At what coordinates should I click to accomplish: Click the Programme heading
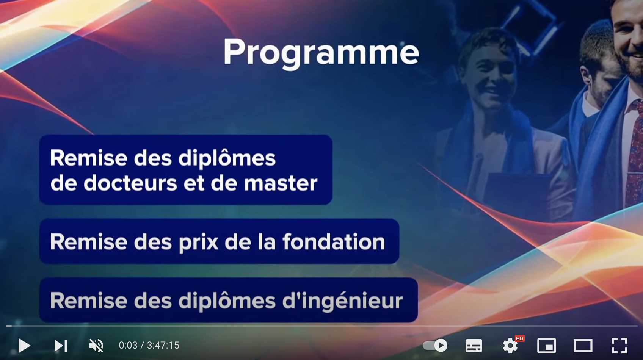321,53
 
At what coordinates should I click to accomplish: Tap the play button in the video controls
24,345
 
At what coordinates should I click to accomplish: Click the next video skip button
61,345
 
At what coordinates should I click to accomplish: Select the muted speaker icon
96,345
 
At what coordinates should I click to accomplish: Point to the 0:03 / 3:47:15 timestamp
149,345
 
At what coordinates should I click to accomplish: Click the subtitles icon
474,345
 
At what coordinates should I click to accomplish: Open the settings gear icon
510,346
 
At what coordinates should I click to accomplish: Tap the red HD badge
519,338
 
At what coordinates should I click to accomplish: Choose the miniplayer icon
547,345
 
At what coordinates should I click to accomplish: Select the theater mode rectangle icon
583,345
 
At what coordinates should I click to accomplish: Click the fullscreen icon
619,345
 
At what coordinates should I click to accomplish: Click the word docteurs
130,183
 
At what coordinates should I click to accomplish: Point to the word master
281,183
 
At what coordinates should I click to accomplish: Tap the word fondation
334,241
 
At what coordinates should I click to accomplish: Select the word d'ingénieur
343,302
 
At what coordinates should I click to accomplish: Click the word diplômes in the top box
227,158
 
